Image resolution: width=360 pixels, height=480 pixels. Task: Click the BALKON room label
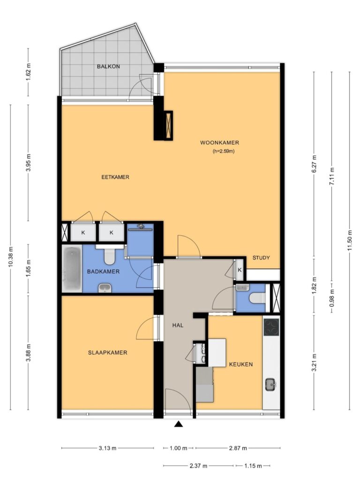(x=108, y=67)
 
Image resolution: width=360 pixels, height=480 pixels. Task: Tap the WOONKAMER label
(x=219, y=142)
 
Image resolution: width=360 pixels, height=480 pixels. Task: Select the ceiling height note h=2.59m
(x=224, y=151)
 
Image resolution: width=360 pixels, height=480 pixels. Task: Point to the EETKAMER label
(x=115, y=177)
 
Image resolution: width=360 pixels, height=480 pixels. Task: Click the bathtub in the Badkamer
(x=72, y=269)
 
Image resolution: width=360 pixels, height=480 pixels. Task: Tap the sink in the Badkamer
(x=105, y=288)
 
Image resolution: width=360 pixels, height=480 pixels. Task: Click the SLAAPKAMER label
(x=107, y=352)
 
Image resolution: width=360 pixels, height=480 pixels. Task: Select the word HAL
(x=178, y=325)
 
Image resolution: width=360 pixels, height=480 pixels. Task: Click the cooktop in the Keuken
(x=271, y=327)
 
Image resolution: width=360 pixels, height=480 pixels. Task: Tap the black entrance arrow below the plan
(x=179, y=424)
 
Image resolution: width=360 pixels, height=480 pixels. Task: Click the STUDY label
(x=261, y=258)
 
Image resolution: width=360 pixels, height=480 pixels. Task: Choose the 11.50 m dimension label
(x=350, y=240)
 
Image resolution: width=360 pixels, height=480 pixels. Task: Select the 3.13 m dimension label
(x=107, y=448)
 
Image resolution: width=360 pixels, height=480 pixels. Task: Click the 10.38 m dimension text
(x=11, y=257)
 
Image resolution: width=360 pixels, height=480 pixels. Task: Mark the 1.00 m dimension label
(x=179, y=448)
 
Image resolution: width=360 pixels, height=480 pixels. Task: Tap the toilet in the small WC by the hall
(x=257, y=298)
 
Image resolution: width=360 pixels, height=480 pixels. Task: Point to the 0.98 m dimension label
(x=331, y=298)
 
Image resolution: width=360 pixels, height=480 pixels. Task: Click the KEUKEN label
(x=241, y=364)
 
